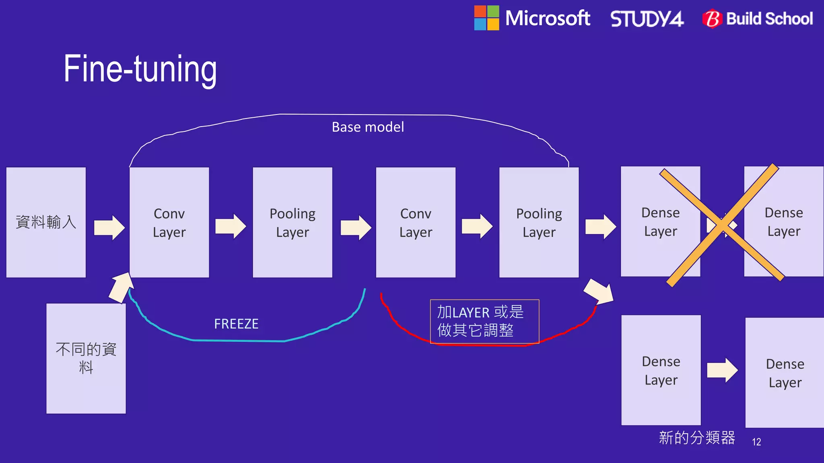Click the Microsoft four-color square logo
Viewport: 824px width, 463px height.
[x=486, y=18]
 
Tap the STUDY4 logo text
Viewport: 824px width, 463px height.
[x=647, y=19]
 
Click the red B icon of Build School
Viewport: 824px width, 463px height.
[x=712, y=19]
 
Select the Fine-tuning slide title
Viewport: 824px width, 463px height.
[x=140, y=69]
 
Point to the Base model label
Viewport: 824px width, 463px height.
[x=368, y=127]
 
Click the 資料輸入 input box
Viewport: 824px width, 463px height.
[x=46, y=222]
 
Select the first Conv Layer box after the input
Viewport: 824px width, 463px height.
[x=169, y=222]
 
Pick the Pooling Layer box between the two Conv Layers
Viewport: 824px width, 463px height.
[x=293, y=222]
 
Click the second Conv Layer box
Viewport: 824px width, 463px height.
[x=416, y=222]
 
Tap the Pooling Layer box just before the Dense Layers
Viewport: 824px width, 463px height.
[x=539, y=222]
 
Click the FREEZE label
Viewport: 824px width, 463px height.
[x=236, y=324]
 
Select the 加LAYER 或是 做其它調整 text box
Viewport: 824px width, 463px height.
[x=484, y=322]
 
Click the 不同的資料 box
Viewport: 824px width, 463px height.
[x=86, y=358]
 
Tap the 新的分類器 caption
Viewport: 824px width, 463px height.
[x=697, y=438]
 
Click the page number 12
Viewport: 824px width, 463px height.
[x=756, y=442]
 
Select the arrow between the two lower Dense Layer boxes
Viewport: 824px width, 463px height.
[x=723, y=370]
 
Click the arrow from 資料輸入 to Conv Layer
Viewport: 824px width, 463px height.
[x=109, y=227]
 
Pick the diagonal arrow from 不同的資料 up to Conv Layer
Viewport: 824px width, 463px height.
[x=121, y=287]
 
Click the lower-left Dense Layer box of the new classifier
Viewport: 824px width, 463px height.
[x=661, y=370]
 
